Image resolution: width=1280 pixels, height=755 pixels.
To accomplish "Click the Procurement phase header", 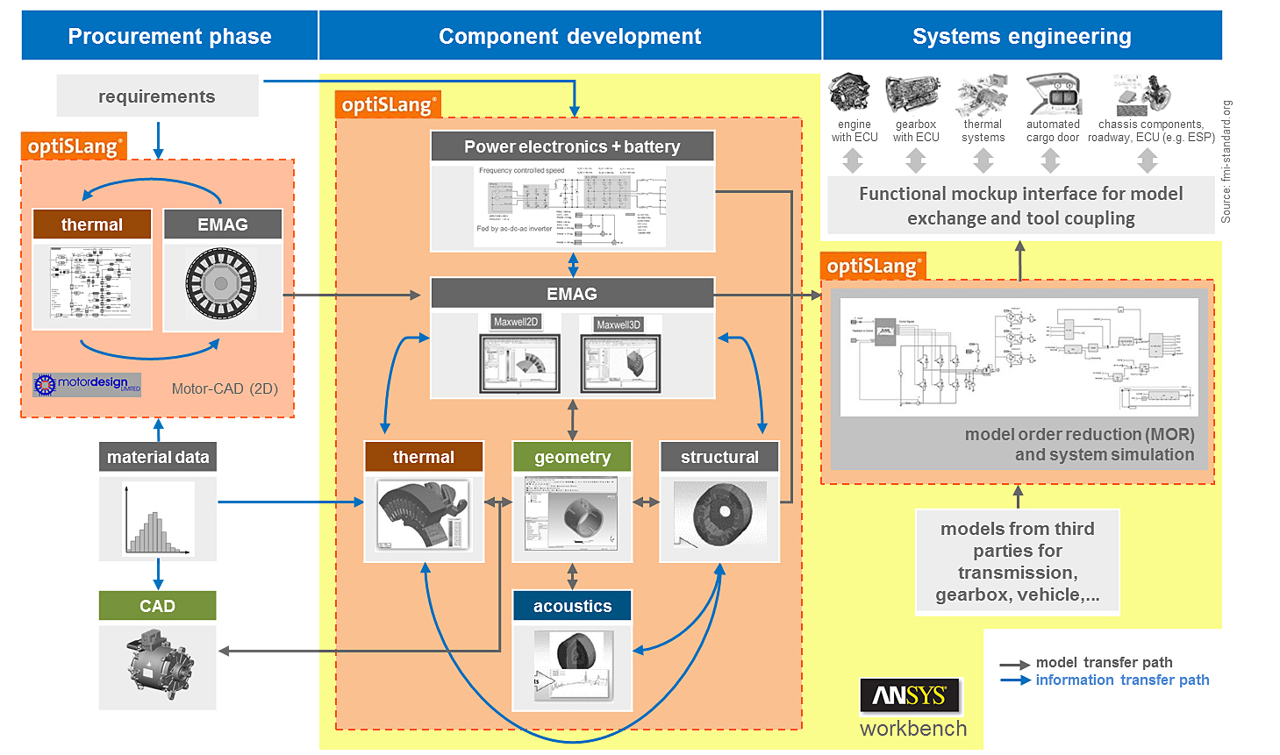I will [169, 36].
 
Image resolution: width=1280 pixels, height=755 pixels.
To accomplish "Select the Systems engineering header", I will [1021, 36].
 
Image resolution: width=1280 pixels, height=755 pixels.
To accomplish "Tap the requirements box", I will [157, 96].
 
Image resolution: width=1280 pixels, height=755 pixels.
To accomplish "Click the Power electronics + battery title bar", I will [572, 146].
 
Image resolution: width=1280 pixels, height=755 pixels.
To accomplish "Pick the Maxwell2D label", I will [516, 322].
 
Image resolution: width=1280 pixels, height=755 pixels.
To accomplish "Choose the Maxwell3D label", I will [619, 324].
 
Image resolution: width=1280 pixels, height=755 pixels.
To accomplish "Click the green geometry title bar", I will [572, 457].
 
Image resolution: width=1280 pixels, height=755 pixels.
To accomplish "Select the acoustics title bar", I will [572, 606].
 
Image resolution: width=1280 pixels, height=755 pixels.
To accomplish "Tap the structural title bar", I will [719, 457].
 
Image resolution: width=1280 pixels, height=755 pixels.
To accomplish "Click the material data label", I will [158, 457].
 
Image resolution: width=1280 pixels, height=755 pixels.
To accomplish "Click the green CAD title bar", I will [158, 606].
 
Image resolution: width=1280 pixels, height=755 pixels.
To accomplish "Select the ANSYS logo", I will [910, 695].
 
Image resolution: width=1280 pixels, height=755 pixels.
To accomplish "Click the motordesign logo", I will [87, 384].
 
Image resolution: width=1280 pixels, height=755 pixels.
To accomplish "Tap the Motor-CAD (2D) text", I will [225, 388].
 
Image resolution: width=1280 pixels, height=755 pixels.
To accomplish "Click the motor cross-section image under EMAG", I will [222, 285].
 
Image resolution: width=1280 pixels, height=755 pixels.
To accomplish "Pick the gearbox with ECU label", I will [916, 131].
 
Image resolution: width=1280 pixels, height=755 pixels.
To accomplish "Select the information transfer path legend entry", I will [1122, 680].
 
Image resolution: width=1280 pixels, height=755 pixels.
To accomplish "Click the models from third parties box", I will [1018, 561].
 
